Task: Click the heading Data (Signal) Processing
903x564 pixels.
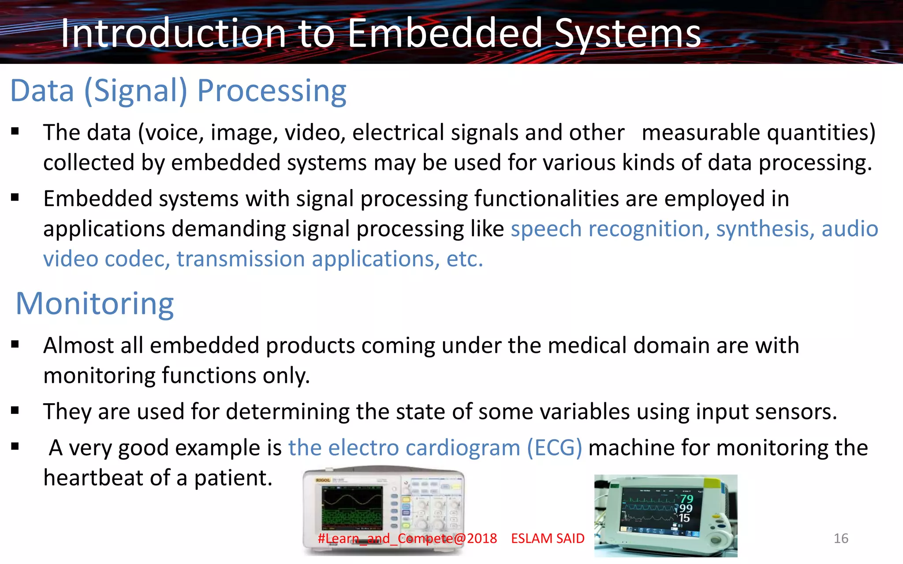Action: click(x=178, y=91)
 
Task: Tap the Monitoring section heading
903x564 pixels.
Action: click(x=95, y=304)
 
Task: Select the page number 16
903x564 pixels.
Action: click(x=841, y=538)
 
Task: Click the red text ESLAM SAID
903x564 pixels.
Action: click(x=548, y=538)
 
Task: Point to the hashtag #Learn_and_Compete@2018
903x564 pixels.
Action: click(x=407, y=538)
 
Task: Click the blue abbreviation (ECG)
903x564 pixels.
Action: click(x=554, y=448)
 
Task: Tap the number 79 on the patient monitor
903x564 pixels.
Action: click(x=687, y=499)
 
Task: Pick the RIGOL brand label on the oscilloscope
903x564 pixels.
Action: click(x=323, y=480)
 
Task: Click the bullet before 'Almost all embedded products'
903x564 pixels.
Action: click(x=15, y=345)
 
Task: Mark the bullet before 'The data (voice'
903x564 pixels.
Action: click(x=15, y=131)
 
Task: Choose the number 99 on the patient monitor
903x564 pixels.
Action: click(x=686, y=508)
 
